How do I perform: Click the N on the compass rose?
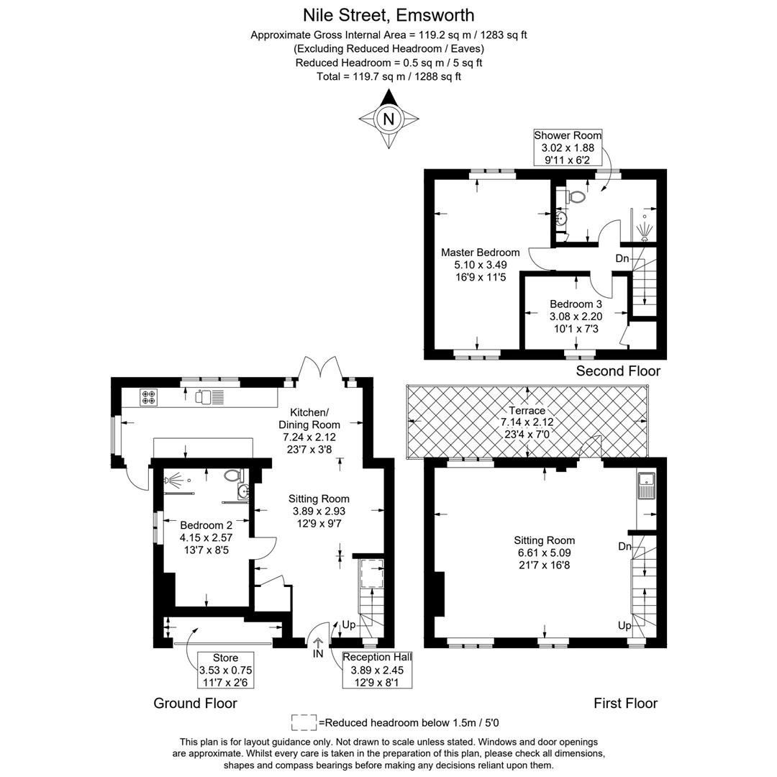pyautogui.click(x=388, y=119)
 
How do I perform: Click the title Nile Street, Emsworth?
pyautogui.click(x=388, y=14)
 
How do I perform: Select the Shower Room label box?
pyautogui.click(x=568, y=147)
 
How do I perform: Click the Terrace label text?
pyautogui.click(x=527, y=410)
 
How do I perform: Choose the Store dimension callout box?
pyautogui.click(x=225, y=670)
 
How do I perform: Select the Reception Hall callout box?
pyautogui.click(x=376, y=669)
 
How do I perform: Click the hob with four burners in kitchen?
pyautogui.click(x=150, y=396)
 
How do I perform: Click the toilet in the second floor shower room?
pyautogui.click(x=576, y=196)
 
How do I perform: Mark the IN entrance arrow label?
pyautogui.click(x=318, y=654)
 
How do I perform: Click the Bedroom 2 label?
pyautogui.click(x=206, y=525)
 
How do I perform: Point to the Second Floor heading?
pyautogui.click(x=618, y=371)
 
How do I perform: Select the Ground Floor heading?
pyautogui.click(x=195, y=703)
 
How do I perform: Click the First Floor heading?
pyautogui.click(x=625, y=703)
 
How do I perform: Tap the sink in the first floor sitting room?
pyautogui.click(x=646, y=485)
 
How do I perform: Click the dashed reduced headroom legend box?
pyautogui.click(x=304, y=722)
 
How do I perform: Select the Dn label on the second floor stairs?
pyautogui.click(x=622, y=258)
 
